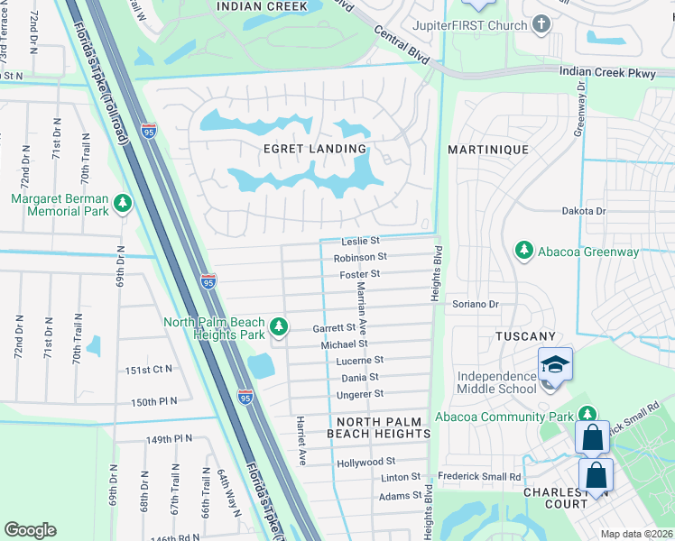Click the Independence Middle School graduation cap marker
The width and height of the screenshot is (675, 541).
click(555, 364)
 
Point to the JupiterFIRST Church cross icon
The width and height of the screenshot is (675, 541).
click(541, 25)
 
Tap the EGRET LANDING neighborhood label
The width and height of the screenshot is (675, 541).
click(315, 149)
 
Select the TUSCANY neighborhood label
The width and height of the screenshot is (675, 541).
click(525, 336)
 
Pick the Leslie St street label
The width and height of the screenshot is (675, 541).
click(361, 242)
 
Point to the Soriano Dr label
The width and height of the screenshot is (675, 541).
click(476, 305)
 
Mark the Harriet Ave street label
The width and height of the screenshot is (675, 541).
click(301, 440)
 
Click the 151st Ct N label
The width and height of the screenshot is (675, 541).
click(149, 370)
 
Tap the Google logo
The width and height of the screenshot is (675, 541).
click(30, 530)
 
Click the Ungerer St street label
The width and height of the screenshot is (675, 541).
click(359, 394)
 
